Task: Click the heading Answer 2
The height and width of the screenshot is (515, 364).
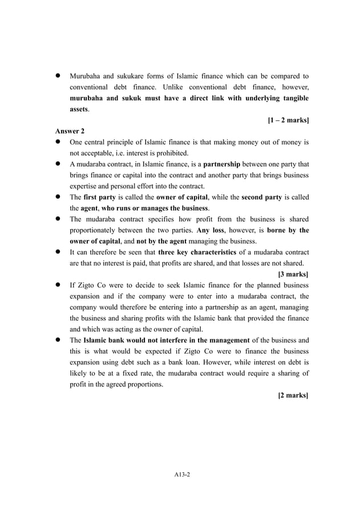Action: (x=70, y=131)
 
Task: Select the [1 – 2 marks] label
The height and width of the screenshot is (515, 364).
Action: (x=288, y=120)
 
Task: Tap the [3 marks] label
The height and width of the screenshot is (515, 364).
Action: (x=293, y=274)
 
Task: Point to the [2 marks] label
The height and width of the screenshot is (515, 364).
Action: (x=293, y=395)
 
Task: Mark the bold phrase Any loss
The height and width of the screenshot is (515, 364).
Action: (x=212, y=230)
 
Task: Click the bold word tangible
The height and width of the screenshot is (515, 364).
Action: (x=293, y=98)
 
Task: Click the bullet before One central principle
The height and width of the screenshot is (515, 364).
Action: (x=58, y=142)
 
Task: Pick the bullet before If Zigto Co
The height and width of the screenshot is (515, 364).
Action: (x=58, y=285)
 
